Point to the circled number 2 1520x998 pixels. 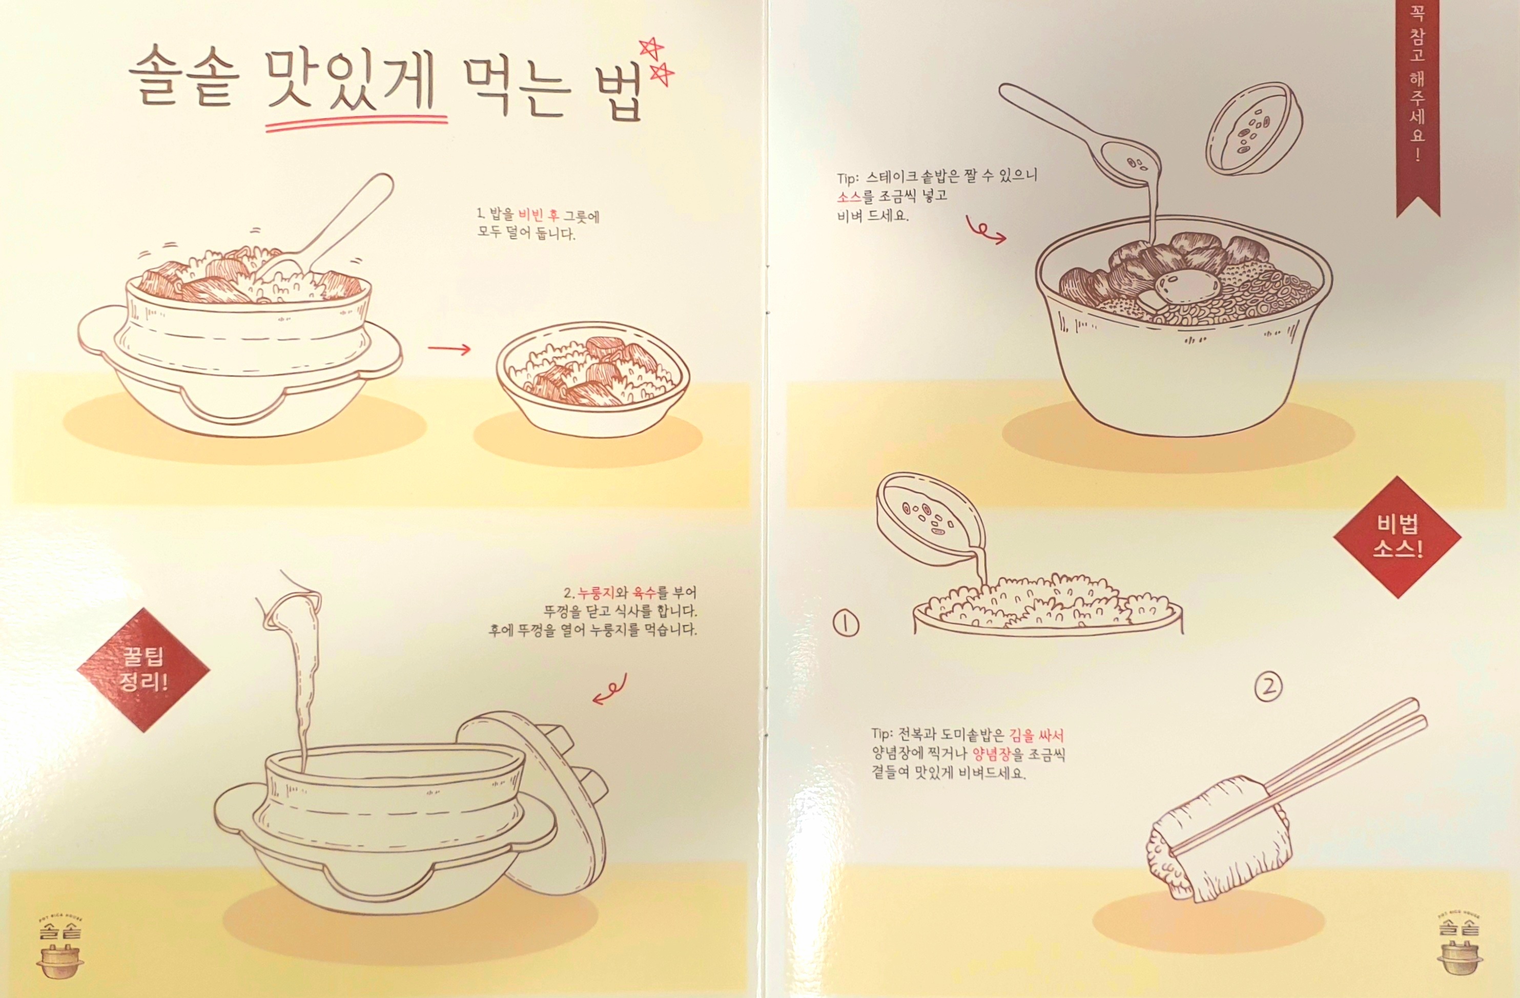(x=1268, y=687)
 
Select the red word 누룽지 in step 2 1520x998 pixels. (x=597, y=593)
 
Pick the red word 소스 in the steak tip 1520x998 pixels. (x=849, y=196)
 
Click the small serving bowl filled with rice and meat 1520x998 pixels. (x=592, y=381)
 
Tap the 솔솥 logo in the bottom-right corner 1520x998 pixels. (x=1460, y=944)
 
